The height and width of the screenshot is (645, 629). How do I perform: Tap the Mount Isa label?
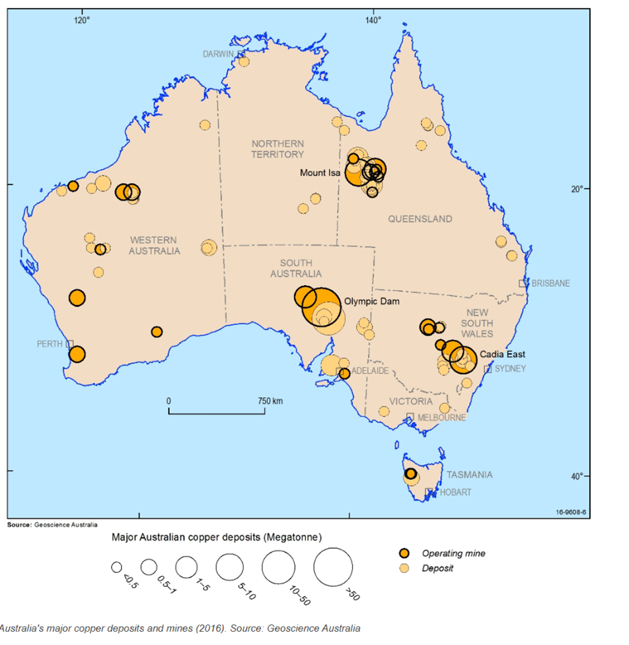[x=320, y=173]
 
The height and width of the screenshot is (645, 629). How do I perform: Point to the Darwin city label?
[x=219, y=53]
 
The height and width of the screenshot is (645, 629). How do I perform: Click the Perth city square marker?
[x=69, y=344]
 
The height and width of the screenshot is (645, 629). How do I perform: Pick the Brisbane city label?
[x=551, y=283]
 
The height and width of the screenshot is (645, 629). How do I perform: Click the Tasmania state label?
[x=469, y=475]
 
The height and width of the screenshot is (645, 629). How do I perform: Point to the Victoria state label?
[x=411, y=401]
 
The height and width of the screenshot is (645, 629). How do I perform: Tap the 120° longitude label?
[x=81, y=19]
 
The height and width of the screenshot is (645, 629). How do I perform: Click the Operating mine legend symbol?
[x=406, y=553]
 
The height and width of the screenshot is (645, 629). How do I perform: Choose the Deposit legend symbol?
[x=406, y=568]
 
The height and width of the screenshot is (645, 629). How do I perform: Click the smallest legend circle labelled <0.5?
[x=117, y=566]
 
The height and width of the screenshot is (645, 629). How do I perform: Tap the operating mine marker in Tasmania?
[x=410, y=473]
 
